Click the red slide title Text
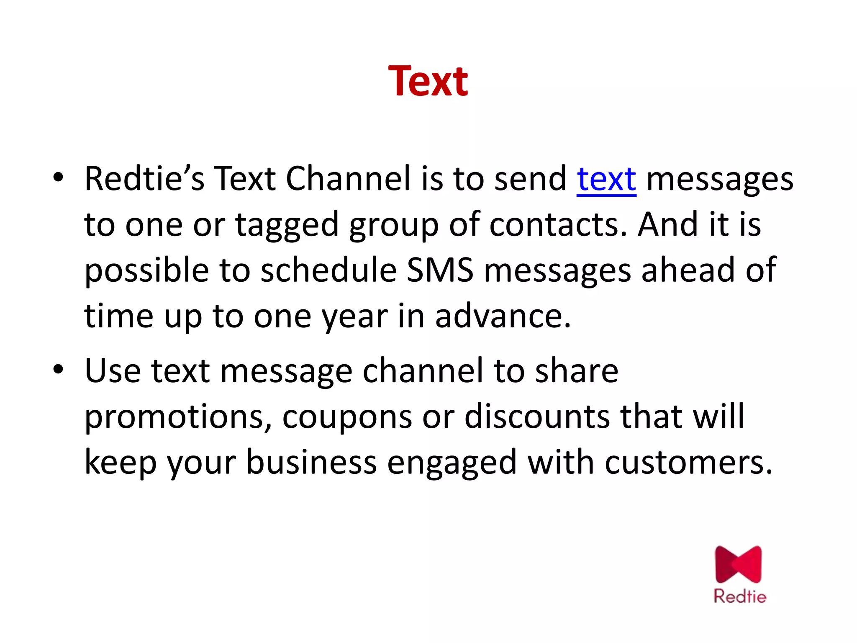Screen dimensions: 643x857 [x=428, y=81]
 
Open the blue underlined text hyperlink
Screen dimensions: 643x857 [x=606, y=179]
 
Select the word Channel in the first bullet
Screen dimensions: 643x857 [x=348, y=179]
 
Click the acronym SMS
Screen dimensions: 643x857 [x=440, y=270]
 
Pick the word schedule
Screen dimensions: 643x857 [x=328, y=270]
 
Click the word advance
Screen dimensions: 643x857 [x=503, y=316]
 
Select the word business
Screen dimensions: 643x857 [x=311, y=463]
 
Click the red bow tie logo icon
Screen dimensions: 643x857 [x=739, y=564]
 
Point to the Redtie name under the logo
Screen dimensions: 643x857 [x=740, y=596]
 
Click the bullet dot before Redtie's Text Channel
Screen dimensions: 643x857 [x=58, y=177]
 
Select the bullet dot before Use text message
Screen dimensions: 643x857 [x=58, y=369]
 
